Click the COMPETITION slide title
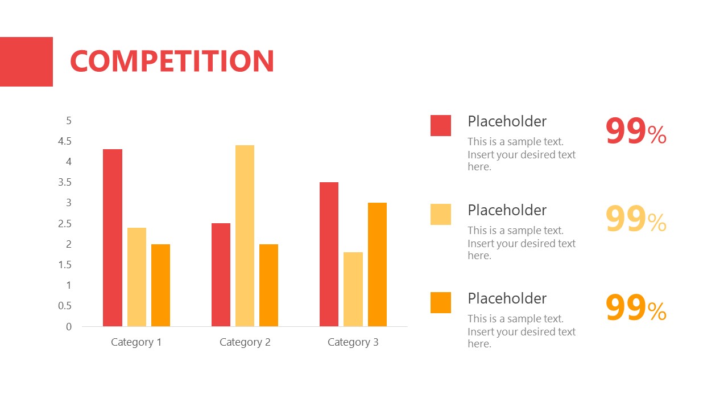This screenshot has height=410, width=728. [172, 61]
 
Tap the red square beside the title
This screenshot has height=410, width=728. [26, 61]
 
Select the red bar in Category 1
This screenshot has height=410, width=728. [113, 237]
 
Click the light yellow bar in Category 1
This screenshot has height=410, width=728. [136, 277]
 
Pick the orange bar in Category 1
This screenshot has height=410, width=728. [160, 285]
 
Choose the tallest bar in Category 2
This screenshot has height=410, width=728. [245, 236]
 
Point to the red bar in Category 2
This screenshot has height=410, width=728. [221, 274]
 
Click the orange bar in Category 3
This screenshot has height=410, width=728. [377, 264]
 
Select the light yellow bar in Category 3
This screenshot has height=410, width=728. [353, 289]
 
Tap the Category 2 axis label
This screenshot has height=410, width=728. [245, 342]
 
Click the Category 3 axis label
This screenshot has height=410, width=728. [353, 342]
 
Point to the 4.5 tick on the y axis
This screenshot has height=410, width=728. [65, 141]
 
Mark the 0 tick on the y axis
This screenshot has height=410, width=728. [69, 326]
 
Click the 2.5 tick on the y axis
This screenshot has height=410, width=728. [65, 224]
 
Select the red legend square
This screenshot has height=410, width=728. [441, 125]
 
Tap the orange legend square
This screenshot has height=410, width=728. [441, 302]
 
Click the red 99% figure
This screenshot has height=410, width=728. [635, 132]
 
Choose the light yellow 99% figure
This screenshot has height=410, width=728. [635, 220]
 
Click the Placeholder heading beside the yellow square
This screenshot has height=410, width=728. [507, 210]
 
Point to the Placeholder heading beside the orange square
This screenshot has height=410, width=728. [507, 298]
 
